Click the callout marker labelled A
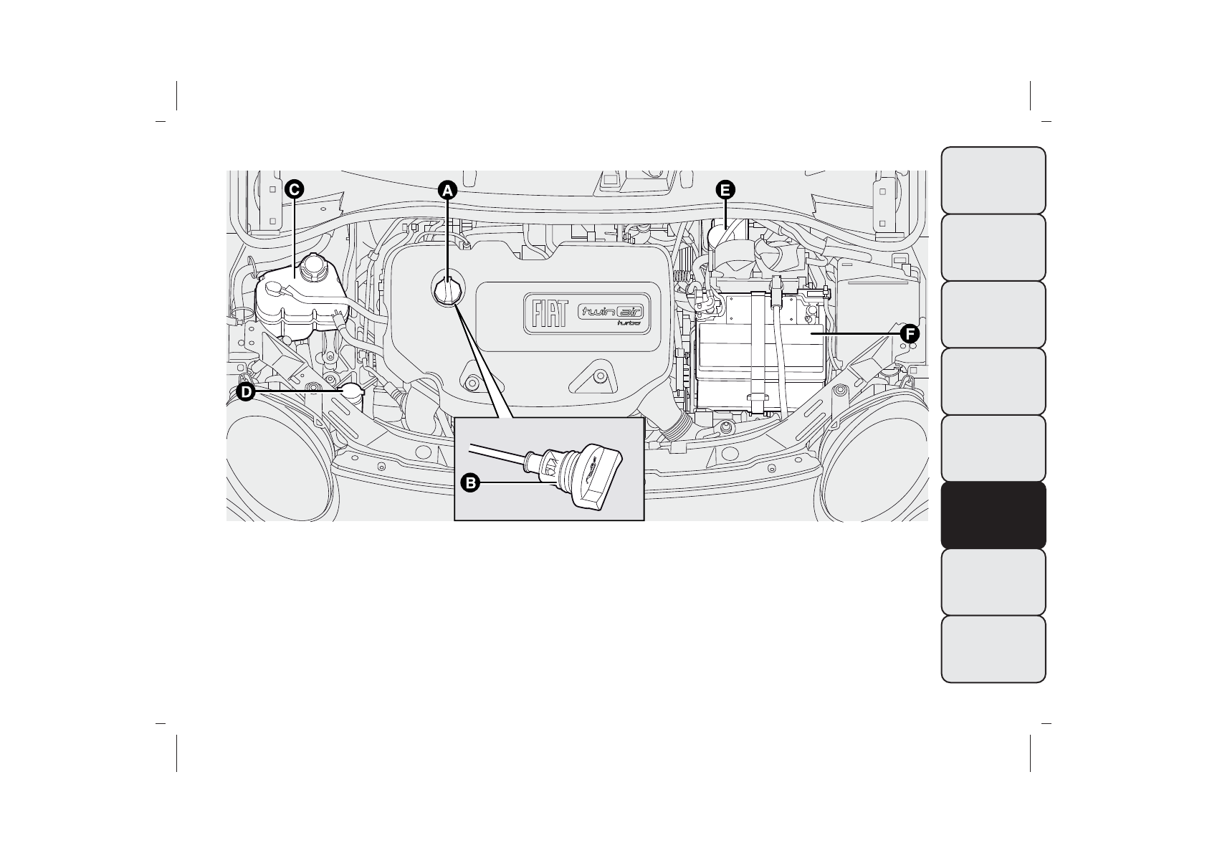pos(447,190)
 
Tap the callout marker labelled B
pos(470,483)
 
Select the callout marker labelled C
pos(293,189)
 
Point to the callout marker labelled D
pos(246,392)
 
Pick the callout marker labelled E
pos(725,190)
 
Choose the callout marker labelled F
pos(909,333)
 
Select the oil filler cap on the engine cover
pos(447,291)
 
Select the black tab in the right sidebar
pos(993,515)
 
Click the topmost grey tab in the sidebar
pos(993,180)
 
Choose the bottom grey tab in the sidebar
pos(993,649)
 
